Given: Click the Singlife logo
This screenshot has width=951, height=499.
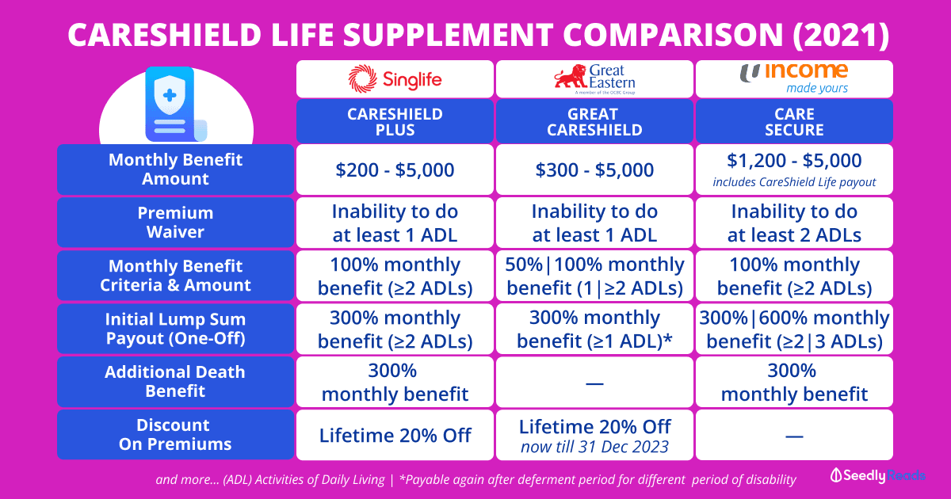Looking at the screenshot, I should pos(394,79).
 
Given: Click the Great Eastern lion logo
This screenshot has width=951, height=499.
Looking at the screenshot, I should pos(594,79).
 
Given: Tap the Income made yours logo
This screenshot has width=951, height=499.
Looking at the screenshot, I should pos(794,78).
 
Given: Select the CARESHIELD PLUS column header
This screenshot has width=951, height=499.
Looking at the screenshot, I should pos(395,121).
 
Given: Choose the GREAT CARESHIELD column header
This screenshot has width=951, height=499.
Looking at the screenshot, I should pos(594,121).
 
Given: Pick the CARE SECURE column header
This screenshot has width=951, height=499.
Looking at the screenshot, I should pos(794,121).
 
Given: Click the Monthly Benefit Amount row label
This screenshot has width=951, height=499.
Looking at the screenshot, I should pos(175,170).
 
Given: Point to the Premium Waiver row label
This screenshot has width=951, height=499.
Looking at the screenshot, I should pos(175,223).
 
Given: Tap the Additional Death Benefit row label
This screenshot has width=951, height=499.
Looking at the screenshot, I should pos(175,382).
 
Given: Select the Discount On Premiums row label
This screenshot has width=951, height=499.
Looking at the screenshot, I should pos(175,434).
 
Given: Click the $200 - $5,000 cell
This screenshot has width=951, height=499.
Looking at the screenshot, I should pos(395,170).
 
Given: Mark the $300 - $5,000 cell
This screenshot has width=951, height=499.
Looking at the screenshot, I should pos(594,170).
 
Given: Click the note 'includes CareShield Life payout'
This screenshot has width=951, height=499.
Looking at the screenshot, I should pos(794,182).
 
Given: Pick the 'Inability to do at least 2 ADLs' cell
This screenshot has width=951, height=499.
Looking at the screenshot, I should pos(794,223).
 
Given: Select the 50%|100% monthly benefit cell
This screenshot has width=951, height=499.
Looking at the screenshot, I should pos(594,276).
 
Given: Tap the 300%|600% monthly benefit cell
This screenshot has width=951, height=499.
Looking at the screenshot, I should pos(794,329).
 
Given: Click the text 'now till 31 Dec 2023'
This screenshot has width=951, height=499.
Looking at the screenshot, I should pos(594,447).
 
